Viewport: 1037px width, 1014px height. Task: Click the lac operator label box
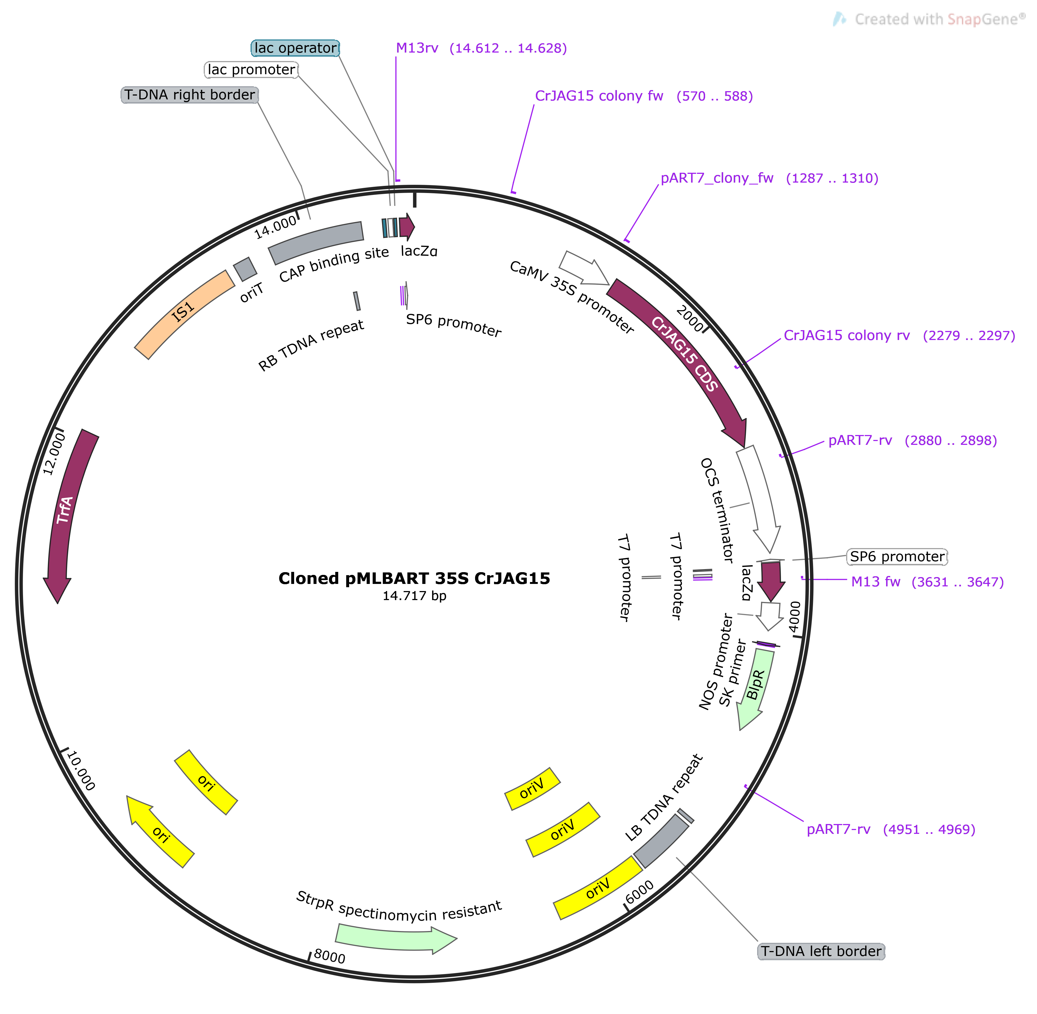pos(295,48)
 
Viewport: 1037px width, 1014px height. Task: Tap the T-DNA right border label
pos(189,95)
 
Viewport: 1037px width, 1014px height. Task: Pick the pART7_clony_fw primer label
pos(769,178)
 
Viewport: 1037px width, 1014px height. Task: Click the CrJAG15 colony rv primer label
pos(899,336)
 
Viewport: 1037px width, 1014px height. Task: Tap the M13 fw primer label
pos(927,581)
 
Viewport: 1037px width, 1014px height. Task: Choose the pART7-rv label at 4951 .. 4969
pos(891,829)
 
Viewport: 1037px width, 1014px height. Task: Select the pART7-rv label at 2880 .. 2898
pos(912,440)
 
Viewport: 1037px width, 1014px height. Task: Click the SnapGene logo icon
pos(840,20)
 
